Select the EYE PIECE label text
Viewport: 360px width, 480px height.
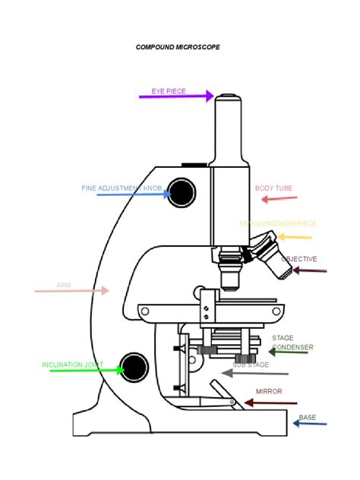(x=168, y=91)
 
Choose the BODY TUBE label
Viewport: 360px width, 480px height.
(x=273, y=188)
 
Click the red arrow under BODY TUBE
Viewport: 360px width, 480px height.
(x=279, y=199)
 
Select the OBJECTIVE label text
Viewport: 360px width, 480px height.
(x=299, y=259)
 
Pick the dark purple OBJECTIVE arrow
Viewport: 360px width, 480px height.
(x=310, y=270)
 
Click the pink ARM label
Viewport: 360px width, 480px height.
(x=63, y=286)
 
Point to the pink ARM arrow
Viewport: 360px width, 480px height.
(x=72, y=290)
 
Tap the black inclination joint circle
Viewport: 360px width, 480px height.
(x=135, y=366)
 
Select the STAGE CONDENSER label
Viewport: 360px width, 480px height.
(x=292, y=343)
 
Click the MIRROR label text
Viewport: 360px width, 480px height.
(x=269, y=391)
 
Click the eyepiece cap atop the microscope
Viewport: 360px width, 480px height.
(x=228, y=97)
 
